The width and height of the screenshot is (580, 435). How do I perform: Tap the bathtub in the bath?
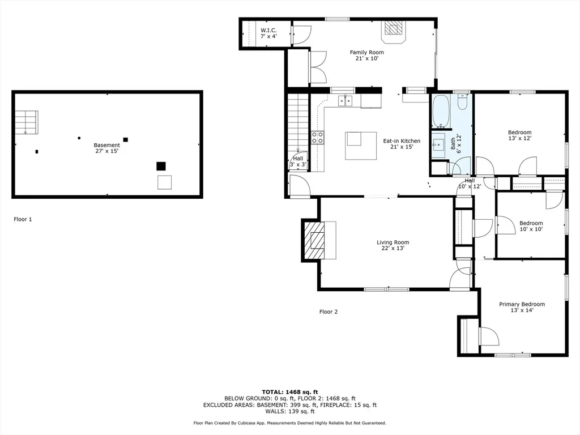tap(441, 112)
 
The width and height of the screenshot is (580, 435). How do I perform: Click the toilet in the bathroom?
tap(463, 102)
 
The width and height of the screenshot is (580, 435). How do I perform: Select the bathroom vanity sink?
tap(439, 144)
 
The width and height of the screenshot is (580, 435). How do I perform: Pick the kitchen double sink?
tap(346, 101)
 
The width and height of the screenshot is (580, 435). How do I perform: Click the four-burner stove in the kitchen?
tap(317, 138)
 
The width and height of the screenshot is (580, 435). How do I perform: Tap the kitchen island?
tap(361, 146)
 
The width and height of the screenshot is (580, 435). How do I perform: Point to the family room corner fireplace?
tap(393, 30)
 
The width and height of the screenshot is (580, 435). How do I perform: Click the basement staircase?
tap(26, 122)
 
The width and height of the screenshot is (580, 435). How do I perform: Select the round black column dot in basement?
tap(79, 138)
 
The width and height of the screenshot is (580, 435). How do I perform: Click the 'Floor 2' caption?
tap(329, 312)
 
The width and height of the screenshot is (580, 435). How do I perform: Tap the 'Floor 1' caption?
tap(23, 219)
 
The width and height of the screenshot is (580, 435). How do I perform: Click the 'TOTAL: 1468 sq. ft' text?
tap(290, 392)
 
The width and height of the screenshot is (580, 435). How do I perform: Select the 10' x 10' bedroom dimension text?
tap(531, 229)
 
